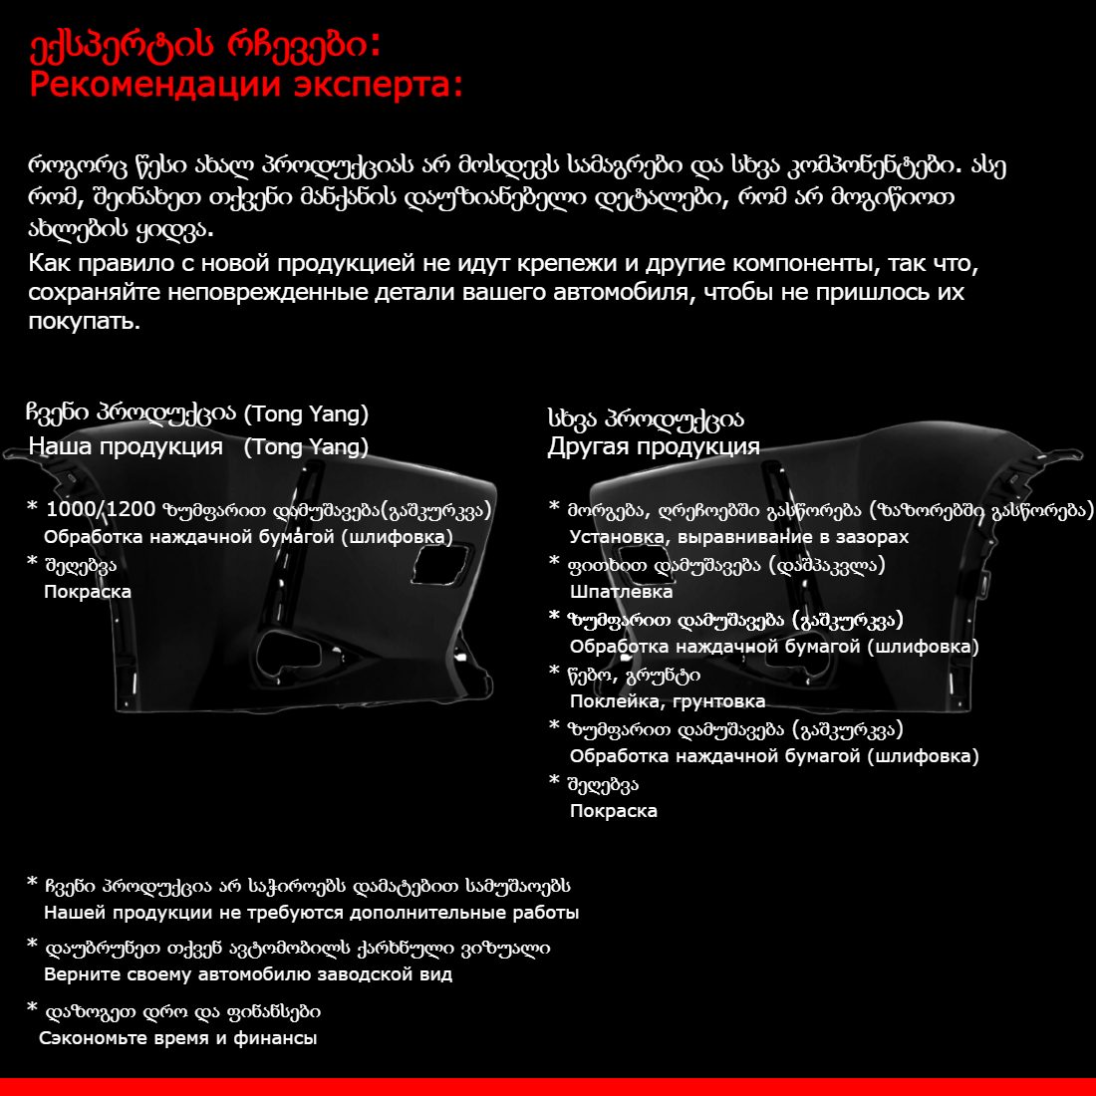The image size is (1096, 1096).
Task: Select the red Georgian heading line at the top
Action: coord(204,45)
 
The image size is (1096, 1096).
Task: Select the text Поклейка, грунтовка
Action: coord(667,701)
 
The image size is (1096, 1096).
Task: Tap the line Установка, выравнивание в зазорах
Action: coord(738,537)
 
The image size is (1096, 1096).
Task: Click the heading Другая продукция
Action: coord(653,446)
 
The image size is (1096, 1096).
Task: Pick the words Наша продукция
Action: coord(126,446)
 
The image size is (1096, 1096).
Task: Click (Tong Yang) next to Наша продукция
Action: coord(306,446)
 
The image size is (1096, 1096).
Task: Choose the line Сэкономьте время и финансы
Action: coord(178,1038)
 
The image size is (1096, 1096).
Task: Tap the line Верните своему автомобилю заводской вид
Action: coord(248,974)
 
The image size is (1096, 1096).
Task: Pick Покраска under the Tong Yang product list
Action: coord(88,592)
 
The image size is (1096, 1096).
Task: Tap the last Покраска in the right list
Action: coord(613,811)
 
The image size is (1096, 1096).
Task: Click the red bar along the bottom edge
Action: coord(548,1086)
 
